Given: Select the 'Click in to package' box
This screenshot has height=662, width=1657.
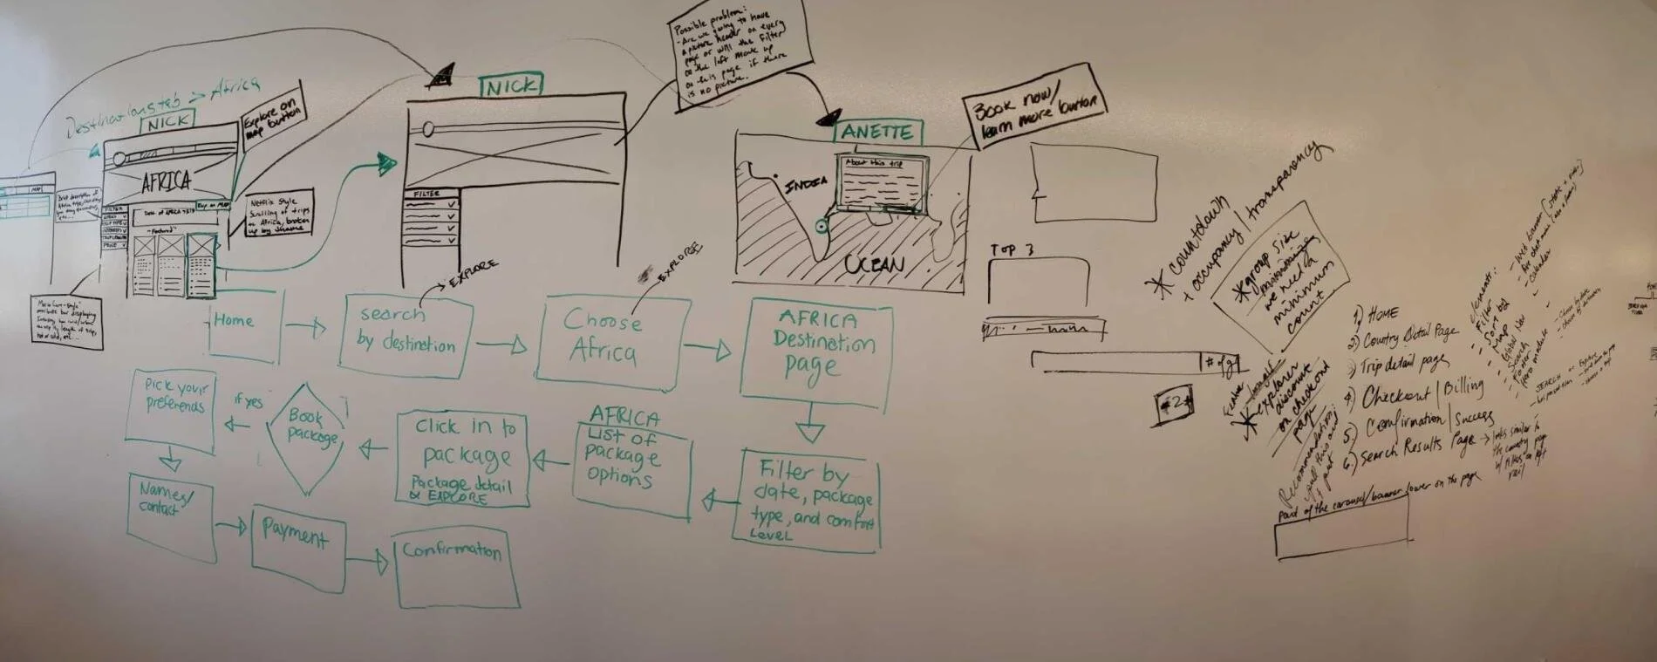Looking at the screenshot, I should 464,459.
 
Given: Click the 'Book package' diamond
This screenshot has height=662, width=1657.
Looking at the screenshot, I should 305,435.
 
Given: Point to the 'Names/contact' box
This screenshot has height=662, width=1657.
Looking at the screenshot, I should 171,517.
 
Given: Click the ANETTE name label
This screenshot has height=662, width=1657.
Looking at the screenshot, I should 876,133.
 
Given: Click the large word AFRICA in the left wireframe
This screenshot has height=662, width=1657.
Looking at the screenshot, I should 166,182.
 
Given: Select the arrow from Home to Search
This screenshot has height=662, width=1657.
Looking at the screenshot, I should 305,328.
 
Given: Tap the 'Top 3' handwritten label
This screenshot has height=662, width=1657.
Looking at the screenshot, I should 1011,250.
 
